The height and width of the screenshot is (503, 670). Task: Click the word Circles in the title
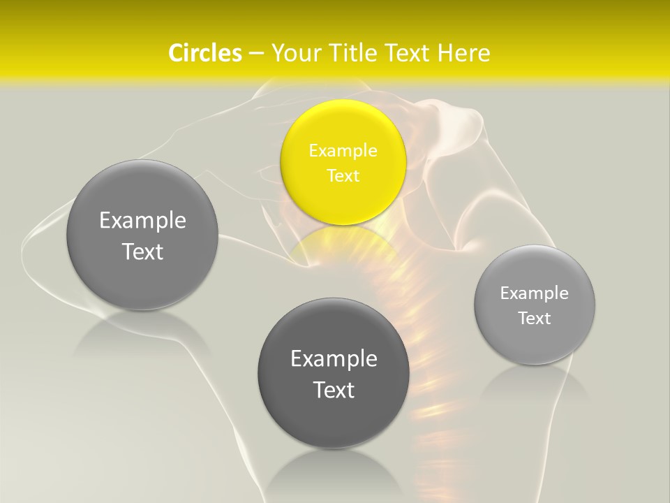point(205,53)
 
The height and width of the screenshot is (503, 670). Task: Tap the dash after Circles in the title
point(256,53)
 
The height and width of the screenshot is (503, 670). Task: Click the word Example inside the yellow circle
point(343,151)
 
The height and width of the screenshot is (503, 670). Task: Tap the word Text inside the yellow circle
point(343,175)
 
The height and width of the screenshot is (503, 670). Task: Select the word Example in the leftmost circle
point(142,221)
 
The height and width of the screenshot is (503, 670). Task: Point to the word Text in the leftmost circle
point(142,251)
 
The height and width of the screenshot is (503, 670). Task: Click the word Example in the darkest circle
point(334,359)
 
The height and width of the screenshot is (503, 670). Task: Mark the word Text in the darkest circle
point(334,390)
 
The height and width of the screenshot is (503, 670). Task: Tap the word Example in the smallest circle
point(534,293)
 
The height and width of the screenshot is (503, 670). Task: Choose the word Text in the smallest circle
point(534,319)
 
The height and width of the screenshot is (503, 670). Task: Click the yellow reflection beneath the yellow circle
point(342,245)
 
